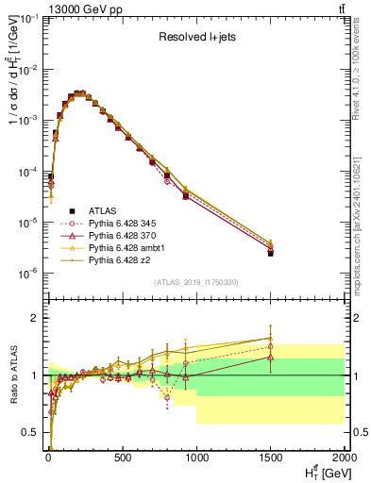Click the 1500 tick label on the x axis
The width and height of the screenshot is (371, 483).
271,456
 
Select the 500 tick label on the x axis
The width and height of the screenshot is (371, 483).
122,456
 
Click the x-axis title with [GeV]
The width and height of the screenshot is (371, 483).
325,471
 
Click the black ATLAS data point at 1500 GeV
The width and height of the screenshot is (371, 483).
271,253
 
